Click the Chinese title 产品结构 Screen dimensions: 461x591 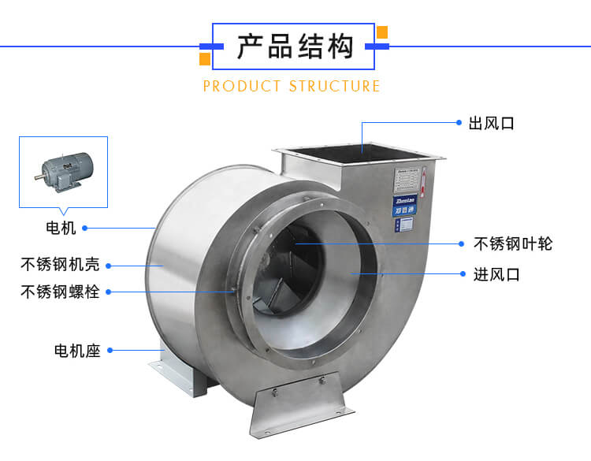(295, 46)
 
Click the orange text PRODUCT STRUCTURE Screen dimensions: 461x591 (292, 86)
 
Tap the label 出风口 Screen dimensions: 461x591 (491, 124)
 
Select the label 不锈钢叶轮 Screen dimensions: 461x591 (513, 244)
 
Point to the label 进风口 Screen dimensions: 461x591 (496, 275)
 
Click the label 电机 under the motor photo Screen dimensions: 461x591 (61, 228)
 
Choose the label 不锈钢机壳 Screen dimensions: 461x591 (60, 263)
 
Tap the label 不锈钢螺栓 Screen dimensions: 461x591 (60, 292)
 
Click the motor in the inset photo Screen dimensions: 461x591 (63, 170)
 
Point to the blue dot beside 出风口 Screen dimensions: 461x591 (459, 123)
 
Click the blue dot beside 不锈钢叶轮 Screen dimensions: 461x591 (463, 244)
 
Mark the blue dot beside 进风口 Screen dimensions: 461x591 (463, 274)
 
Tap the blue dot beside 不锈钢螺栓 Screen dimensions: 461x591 (109, 292)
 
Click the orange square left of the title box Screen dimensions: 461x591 (205, 59)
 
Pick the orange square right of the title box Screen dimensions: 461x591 (382, 32)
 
